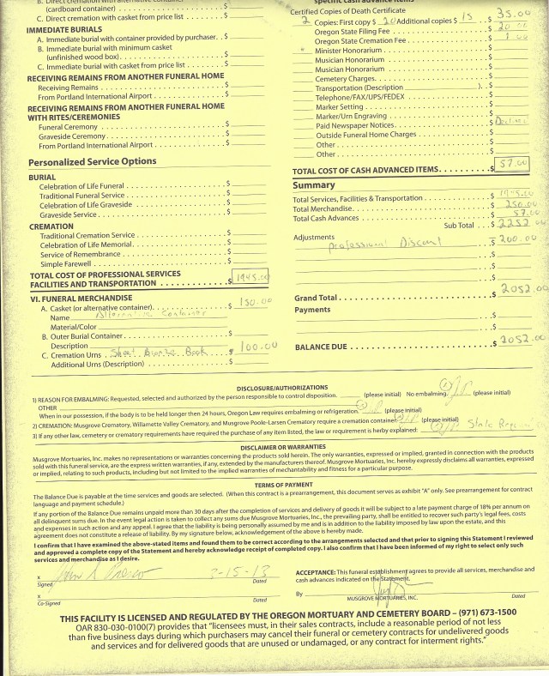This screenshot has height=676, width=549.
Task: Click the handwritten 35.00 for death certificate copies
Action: click(x=513, y=15)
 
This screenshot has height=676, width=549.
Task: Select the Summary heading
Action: click(x=314, y=185)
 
